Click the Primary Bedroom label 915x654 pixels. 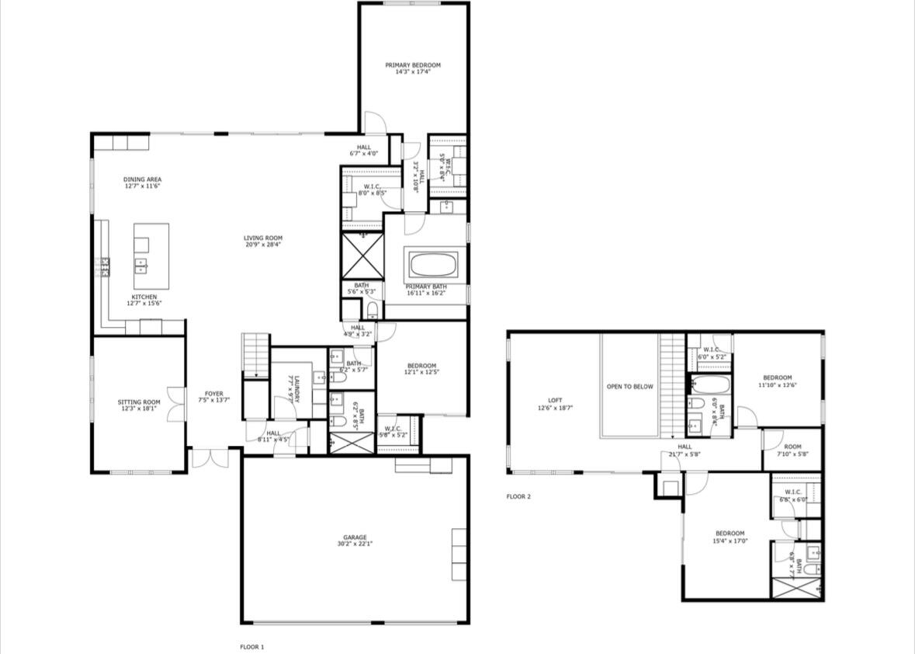[x=413, y=65]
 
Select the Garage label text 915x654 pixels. [x=355, y=537]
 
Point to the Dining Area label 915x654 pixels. [x=143, y=179]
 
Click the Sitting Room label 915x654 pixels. [x=139, y=402]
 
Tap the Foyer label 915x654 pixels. [x=213, y=394]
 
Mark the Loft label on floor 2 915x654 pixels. [x=555, y=400]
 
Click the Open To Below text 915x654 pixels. [x=629, y=386]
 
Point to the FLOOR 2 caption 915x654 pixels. [x=518, y=496]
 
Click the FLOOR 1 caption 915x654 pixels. [x=251, y=646]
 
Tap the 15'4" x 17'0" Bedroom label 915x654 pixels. [x=730, y=534]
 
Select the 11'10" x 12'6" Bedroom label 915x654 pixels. [x=776, y=377]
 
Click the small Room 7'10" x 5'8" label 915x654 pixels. [x=792, y=447]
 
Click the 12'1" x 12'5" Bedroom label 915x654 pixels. [x=421, y=366]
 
